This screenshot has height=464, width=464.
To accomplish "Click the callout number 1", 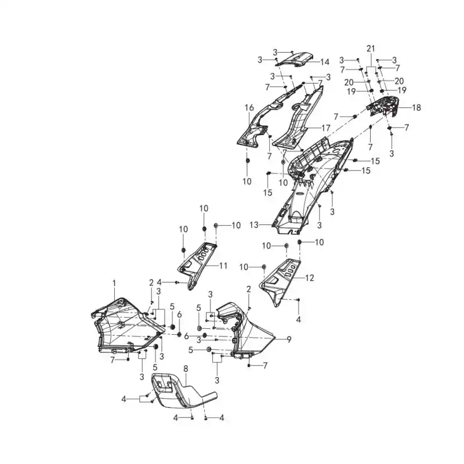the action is (114, 284).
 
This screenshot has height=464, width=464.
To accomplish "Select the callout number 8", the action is (186, 369).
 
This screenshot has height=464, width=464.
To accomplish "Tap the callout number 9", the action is (289, 339).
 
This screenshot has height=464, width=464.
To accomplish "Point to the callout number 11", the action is (223, 266).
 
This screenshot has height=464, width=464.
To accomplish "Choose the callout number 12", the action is (309, 278).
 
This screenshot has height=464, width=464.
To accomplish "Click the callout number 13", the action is (254, 225).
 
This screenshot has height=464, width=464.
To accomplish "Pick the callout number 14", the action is (325, 62).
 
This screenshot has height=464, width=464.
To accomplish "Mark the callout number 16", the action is (249, 108).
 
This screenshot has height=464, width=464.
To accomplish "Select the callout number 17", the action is (325, 128).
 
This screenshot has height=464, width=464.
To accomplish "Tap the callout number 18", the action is (416, 107).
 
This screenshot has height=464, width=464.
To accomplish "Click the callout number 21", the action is (371, 49).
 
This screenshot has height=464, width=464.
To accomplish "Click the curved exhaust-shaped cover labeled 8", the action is (183, 390).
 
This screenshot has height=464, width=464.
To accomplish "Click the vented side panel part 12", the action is (281, 278).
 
